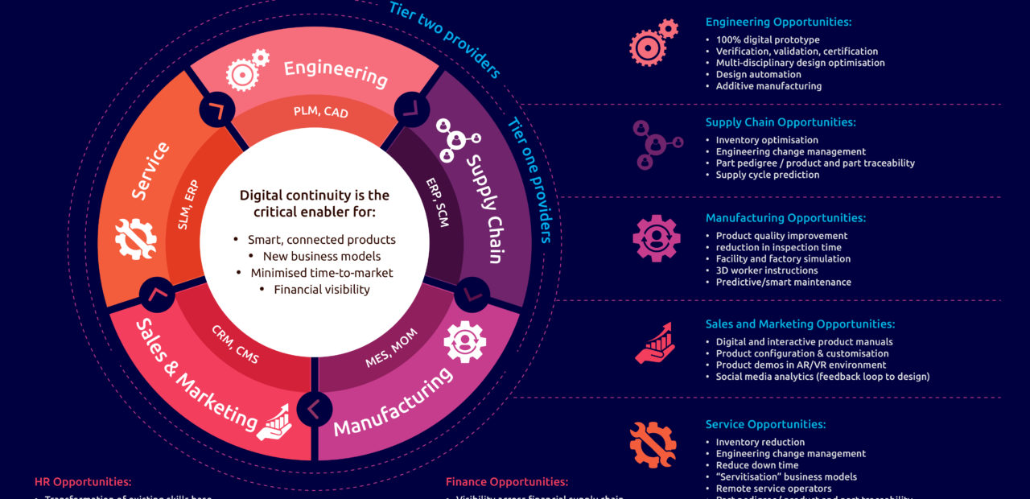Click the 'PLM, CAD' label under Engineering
click(x=320, y=112)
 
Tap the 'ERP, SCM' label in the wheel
click(x=438, y=201)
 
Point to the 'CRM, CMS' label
click(x=235, y=344)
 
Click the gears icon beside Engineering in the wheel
click(x=246, y=69)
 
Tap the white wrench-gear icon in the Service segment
click(x=135, y=238)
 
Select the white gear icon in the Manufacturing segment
click(x=463, y=340)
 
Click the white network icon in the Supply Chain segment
click(x=457, y=138)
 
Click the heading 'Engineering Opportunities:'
click(x=778, y=23)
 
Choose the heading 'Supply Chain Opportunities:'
click(x=781, y=122)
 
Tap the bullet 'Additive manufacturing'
click(x=768, y=86)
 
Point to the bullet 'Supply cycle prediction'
click(x=768, y=175)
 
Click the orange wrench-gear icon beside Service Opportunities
click(x=653, y=444)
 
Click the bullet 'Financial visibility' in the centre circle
click(x=322, y=289)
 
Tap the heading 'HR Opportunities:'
click(x=83, y=482)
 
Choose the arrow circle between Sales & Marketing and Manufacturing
click(x=315, y=408)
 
